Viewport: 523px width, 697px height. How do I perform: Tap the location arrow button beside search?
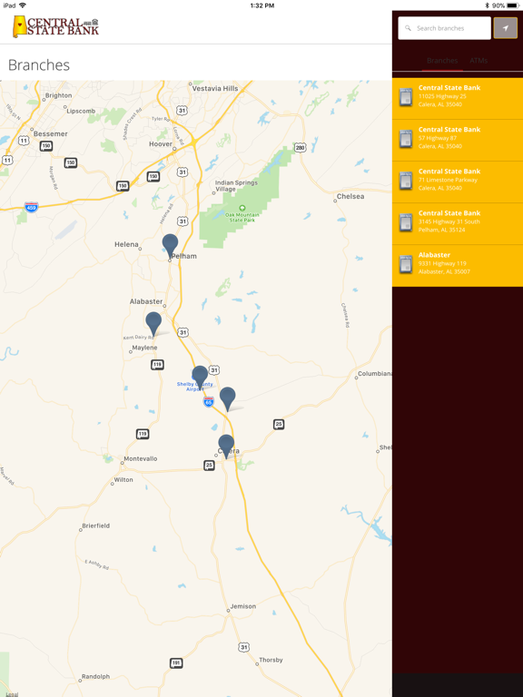pyautogui.click(x=506, y=28)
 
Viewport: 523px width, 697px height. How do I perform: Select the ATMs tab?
pyautogui.click(x=479, y=61)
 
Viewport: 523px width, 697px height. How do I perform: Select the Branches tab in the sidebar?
pyautogui.click(x=442, y=61)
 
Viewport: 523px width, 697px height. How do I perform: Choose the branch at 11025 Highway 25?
pyautogui.click(x=458, y=96)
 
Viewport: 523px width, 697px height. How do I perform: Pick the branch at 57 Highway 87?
pyautogui.click(x=458, y=138)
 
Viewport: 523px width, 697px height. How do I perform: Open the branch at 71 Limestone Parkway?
pyautogui.click(x=458, y=180)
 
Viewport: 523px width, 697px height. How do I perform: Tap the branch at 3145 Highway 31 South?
pyautogui.click(x=458, y=221)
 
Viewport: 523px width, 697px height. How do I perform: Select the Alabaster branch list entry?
pyautogui.click(x=458, y=263)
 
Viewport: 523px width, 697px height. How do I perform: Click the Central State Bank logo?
pyautogui.click(x=55, y=26)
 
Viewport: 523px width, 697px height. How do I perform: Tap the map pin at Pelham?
pyautogui.click(x=170, y=244)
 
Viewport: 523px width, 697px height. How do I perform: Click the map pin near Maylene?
pyautogui.click(x=153, y=322)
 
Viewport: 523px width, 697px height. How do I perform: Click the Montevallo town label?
pyautogui.click(x=140, y=458)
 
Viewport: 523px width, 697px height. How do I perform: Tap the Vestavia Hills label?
pyautogui.click(x=215, y=88)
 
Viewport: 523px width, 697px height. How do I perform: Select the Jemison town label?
pyautogui.click(x=243, y=606)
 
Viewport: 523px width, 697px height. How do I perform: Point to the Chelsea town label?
pyautogui.click(x=350, y=196)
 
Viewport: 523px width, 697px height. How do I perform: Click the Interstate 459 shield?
pyautogui.click(x=31, y=207)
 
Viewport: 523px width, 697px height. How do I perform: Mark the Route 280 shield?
pyautogui.click(x=300, y=148)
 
